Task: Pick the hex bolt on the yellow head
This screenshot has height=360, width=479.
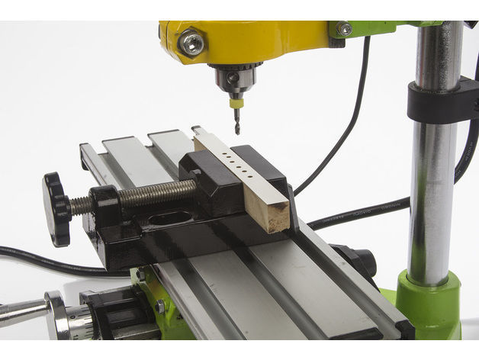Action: point(191,42)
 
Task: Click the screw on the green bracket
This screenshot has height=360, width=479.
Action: point(345,29)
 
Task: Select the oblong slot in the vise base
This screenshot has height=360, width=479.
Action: point(170,220)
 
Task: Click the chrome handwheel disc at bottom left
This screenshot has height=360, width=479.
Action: point(57,314)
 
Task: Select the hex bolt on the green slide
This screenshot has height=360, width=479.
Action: point(159,306)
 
